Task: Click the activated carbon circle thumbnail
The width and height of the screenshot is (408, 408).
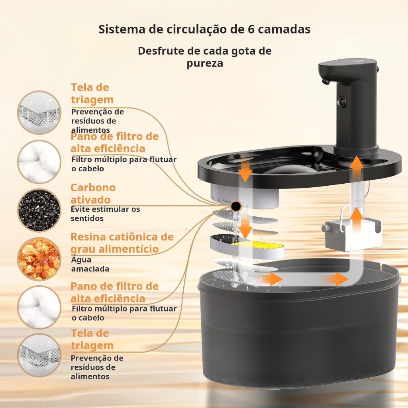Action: tap(39, 210)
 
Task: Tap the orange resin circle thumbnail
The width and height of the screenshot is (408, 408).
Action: tap(39, 259)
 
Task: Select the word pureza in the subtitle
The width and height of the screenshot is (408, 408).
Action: tap(205, 63)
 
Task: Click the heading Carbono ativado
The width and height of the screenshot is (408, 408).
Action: tap(93, 194)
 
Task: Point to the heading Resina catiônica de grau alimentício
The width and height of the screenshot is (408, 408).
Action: tap(122, 243)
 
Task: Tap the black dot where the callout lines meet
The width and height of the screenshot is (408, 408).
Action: tap(236, 206)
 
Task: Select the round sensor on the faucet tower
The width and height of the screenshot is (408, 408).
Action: tap(341, 100)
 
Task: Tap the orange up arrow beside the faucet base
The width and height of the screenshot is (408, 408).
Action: tap(356, 166)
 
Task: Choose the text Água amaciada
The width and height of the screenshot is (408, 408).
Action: tap(90, 264)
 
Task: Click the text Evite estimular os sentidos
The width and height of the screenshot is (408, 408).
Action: tap(105, 214)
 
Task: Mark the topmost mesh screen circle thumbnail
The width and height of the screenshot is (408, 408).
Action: tap(39, 112)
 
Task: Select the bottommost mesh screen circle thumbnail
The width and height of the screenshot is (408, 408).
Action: tap(39, 355)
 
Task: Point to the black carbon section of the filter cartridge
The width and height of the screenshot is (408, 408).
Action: tap(222, 238)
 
